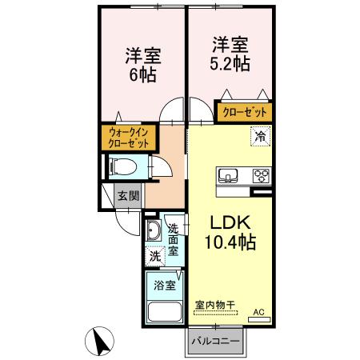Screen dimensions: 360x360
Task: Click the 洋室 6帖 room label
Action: [x=142, y=66]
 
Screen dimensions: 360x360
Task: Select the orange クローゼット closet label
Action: [x=245, y=113]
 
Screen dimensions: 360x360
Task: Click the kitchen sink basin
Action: [x=226, y=175]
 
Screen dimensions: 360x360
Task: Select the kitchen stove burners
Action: [x=261, y=175]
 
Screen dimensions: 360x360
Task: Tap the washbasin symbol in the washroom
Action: [x=154, y=232]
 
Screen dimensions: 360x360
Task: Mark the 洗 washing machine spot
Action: [x=154, y=257]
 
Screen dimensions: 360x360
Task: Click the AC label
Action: [x=258, y=312]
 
